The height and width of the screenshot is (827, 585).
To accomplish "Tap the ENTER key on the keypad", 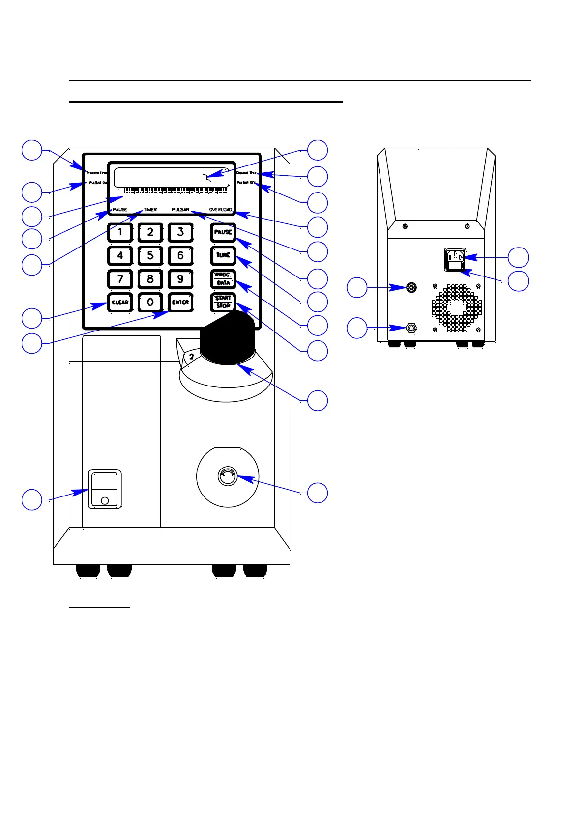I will [x=180, y=302].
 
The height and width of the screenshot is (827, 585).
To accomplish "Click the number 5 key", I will [x=150, y=255].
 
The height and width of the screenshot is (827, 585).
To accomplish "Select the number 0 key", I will [x=150, y=302].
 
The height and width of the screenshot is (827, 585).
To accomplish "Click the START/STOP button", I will [x=223, y=302].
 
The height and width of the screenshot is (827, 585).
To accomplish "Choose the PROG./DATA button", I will [x=223, y=279].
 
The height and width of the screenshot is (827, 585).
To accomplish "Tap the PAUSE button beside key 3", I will [x=223, y=232].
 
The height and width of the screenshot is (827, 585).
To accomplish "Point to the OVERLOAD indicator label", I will [x=221, y=210].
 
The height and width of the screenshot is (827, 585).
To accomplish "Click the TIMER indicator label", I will [x=150, y=210].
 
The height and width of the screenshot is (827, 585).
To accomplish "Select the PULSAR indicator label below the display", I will [x=180, y=210].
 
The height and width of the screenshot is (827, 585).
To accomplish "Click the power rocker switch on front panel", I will [x=105, y=489].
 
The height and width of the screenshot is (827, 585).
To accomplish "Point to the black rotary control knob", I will [x=227, y=339].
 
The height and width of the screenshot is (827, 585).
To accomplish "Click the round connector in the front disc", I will [x=227, y=475].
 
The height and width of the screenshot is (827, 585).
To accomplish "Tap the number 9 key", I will [x=180, y=279].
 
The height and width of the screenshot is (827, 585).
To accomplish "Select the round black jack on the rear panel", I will [x=411, y=287].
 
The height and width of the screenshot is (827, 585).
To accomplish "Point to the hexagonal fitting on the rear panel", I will [x=411, y=328].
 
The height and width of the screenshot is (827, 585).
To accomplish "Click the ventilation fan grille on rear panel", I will [x=457, y=307].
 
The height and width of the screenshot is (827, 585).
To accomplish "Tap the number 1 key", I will [x=120, y=232].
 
